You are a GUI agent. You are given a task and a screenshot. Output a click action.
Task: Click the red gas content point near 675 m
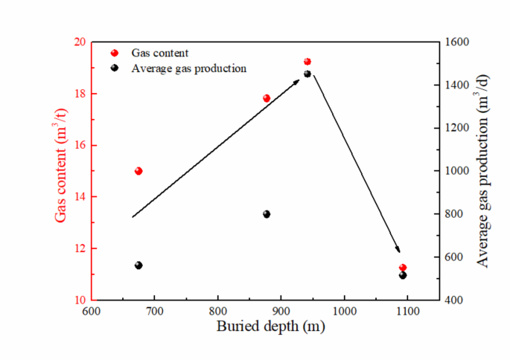(x=138, y=171)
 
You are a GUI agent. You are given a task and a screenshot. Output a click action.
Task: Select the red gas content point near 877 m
(x=267, y=98)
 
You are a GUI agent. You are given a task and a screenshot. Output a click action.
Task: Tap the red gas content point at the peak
(x=307, y=62)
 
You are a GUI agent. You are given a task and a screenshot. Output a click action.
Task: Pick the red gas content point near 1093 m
(x=403, y=268)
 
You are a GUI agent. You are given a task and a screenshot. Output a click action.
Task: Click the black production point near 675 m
(x=138, y=266)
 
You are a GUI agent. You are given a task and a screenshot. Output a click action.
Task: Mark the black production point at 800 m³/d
(x=267, y=214)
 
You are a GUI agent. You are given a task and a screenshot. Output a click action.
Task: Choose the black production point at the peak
(x=307, y=74)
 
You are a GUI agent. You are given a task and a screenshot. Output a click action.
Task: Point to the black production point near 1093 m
(x=403, y=275)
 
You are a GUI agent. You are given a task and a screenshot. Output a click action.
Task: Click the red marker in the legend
(x=115, y=54)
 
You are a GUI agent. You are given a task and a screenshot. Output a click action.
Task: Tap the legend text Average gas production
(x=188, y=68)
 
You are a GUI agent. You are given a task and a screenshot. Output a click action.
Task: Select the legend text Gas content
(x=159, y=54)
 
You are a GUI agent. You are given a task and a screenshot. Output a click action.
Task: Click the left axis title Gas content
(x=61, y=171)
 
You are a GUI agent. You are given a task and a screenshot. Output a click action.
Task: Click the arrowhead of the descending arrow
(x=398, y=250)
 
